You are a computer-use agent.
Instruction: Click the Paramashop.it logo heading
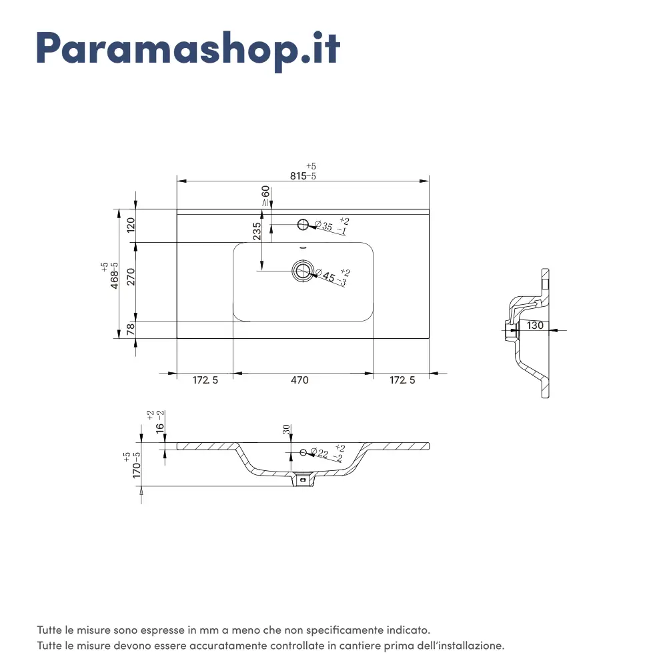(189, 51)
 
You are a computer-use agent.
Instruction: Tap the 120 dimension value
(131, 225)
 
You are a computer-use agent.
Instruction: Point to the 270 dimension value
(131, 277)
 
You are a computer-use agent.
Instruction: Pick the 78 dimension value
(131, 328)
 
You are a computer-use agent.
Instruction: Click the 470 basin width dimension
(299, 380)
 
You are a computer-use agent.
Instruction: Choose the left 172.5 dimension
(205, 380)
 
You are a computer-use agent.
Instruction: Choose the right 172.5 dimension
(402, 380)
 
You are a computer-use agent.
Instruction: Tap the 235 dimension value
(257, 231)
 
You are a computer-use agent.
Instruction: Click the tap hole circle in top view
(303, 224)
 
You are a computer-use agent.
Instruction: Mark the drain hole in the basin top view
(302, 271)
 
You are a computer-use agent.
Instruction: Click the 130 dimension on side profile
(535, 325)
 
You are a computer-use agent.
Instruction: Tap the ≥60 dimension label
(265, 195)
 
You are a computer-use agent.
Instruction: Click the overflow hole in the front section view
(303, 453)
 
